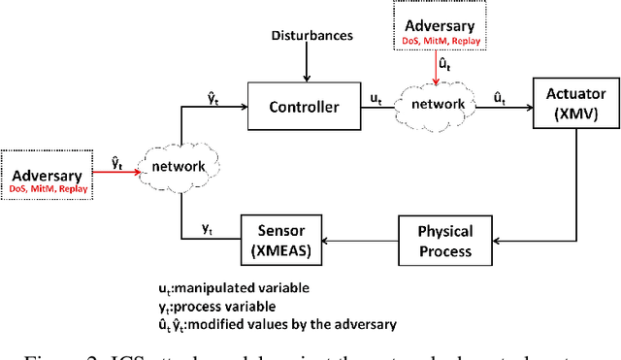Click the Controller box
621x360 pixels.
pos(303,107)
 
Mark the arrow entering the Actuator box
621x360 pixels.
pos(510,108)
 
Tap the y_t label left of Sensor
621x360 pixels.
pos(207,229)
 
